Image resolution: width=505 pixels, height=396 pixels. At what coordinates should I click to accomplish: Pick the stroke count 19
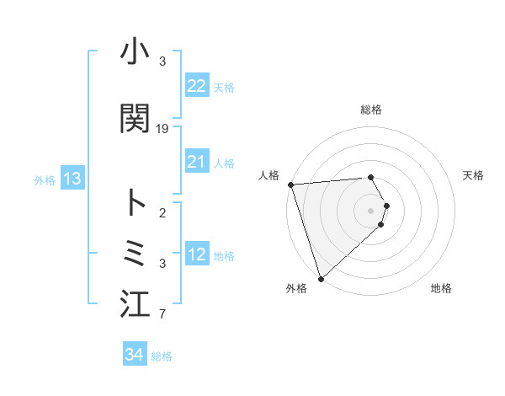tap(163, 129)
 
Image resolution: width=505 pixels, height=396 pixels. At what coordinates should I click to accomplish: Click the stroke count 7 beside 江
tap(162, 316)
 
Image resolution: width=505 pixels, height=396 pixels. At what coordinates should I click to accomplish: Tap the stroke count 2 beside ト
tap(162, 213)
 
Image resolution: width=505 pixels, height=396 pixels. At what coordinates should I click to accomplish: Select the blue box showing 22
tap(196, 86)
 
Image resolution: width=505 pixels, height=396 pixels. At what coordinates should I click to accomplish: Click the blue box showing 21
tap(196, 162)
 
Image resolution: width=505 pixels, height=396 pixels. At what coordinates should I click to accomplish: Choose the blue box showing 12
tap(196, 255)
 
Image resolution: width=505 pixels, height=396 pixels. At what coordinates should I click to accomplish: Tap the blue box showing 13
tap(72, 179)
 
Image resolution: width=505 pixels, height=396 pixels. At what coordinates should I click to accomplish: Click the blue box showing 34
tap(134, 355)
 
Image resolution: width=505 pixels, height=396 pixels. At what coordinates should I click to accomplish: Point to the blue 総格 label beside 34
tap(162, 356)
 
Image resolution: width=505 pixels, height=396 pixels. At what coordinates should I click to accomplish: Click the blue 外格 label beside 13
tap(45, 180)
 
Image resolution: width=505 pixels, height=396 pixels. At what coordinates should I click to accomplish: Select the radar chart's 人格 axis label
tap(270, 175)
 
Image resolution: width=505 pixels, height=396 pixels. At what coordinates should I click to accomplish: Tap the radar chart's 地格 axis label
tap(441, 289)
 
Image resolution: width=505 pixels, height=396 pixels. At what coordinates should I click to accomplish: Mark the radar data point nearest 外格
tap(321, 278)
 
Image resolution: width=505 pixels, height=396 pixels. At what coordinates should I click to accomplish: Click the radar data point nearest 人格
tap(290, 185)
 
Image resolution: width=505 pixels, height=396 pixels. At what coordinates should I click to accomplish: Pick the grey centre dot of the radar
tap(370, 210)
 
